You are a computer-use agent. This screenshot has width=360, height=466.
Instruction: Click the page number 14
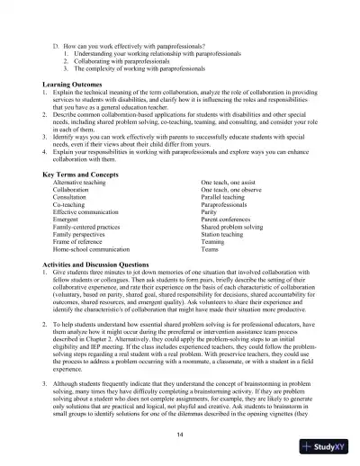[x=180, y=435]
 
